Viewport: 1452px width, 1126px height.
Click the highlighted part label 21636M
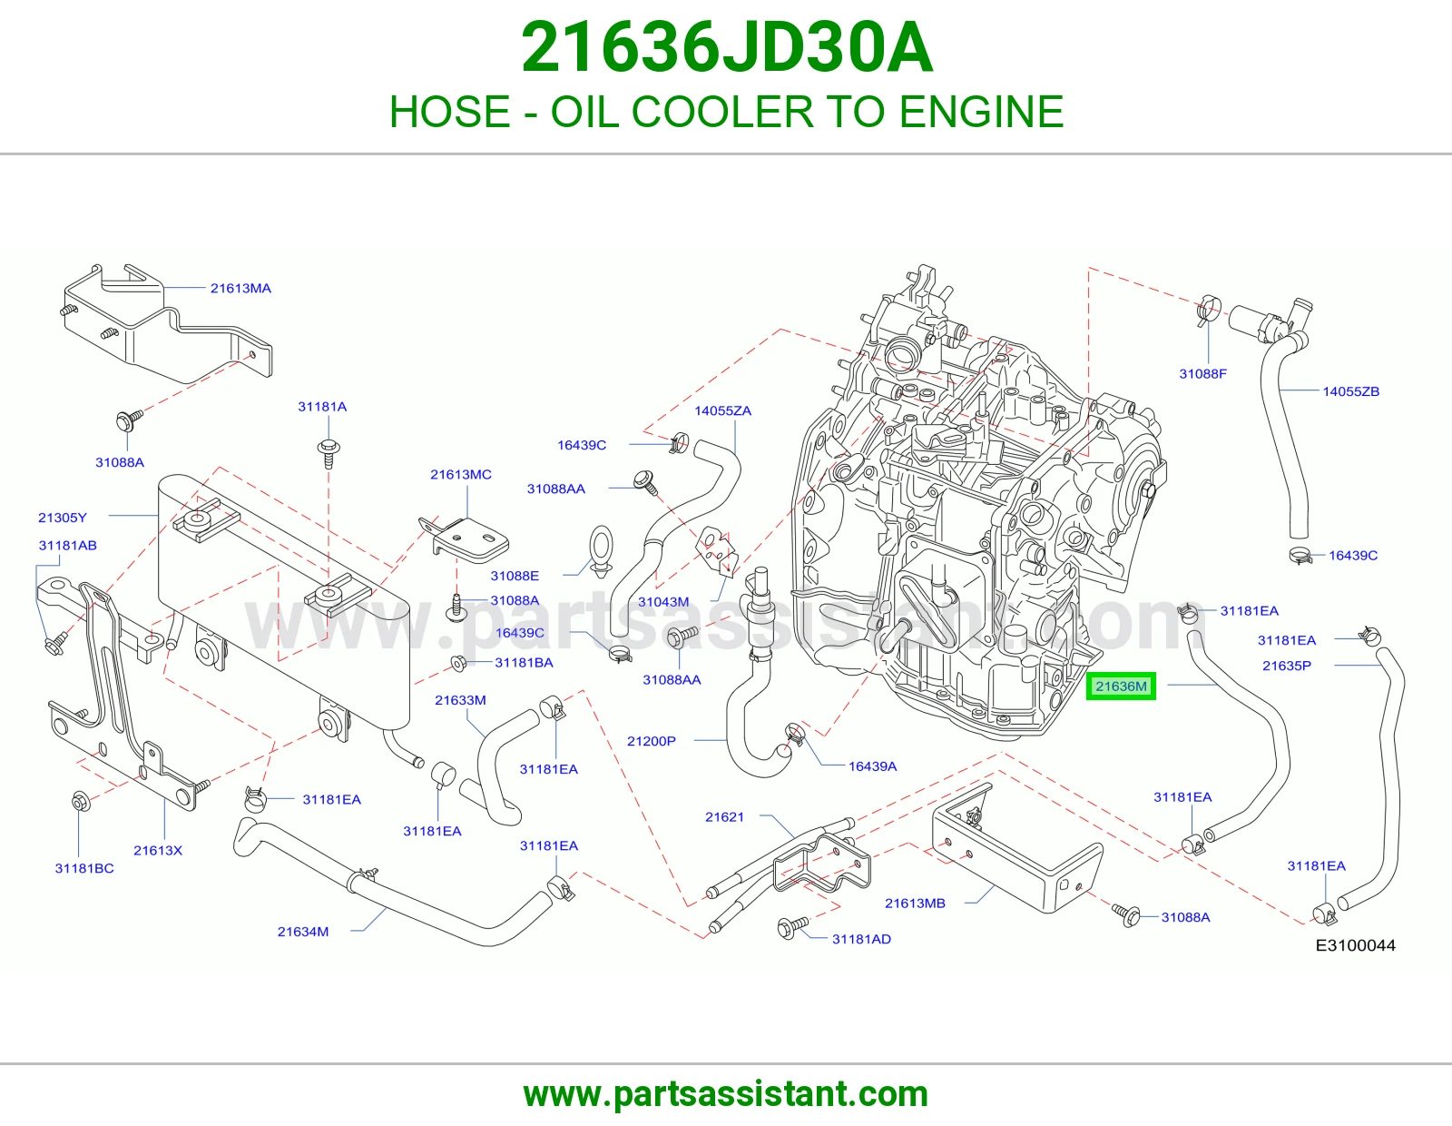tap(1121, 686)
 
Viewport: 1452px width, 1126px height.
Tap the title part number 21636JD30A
tap(726, 48)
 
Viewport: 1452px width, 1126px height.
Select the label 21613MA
tap(240, 288)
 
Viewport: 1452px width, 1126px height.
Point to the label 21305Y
tap(62, 518)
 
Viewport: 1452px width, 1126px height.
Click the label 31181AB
tap(67, 546)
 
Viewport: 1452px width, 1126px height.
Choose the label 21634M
tap(303, 932)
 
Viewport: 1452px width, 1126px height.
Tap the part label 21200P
tap(651, 741)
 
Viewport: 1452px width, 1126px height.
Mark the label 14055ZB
tap(1351, 391)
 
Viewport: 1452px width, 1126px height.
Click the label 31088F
tap(1202, 374)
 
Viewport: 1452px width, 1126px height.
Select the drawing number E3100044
tap(1355, 945)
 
